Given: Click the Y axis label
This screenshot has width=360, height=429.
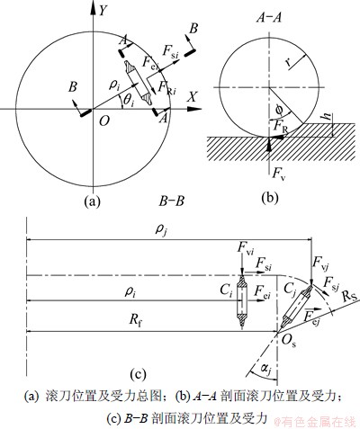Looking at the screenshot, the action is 103,11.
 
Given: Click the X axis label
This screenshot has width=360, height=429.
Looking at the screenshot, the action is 193,96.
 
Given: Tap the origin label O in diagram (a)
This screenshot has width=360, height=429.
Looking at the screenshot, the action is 103,121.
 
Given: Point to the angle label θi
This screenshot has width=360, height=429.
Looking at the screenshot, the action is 128,101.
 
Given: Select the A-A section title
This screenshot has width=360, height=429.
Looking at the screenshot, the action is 269,18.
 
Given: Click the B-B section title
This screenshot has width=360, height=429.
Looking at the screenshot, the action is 171,201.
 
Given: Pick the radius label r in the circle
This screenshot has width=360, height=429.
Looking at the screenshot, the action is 288,62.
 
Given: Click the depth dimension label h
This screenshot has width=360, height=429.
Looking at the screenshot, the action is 328,116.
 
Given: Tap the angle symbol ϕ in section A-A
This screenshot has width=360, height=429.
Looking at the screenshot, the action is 279,111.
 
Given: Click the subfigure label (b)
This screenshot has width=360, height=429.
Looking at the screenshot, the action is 270,198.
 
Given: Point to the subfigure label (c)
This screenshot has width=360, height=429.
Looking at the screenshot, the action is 139,374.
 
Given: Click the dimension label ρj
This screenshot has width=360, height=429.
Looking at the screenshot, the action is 160,230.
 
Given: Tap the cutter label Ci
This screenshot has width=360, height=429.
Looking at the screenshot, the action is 226,290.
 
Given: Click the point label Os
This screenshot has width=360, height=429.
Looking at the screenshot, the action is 289,341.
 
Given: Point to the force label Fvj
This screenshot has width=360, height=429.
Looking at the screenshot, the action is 321,264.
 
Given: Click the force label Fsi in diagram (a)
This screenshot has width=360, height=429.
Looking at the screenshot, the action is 170,51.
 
